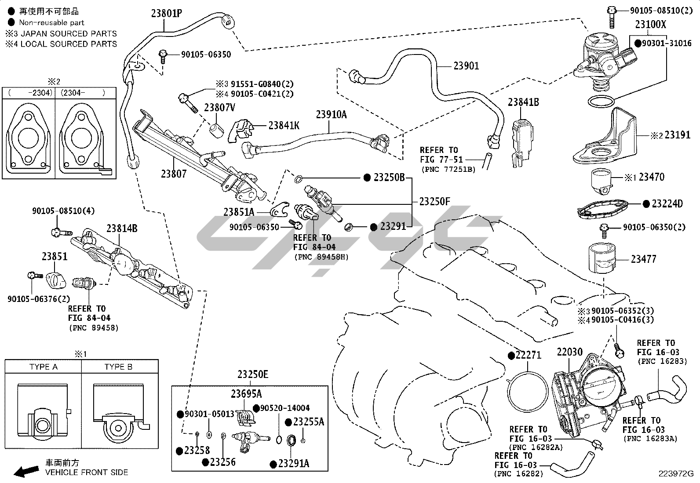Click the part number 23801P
tap(167, 14)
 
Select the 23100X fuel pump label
tap(651, 24)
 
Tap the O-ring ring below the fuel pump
tap(601, 102)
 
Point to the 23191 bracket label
tap(677, 135)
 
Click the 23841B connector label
tap(523, 102)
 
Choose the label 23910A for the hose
tap(331, 115)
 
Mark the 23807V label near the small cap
tap(220, 108)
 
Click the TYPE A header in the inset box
tap(44, 367)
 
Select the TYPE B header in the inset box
tap(118, 367)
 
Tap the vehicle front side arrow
tap(26, 471)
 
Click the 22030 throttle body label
tap(570, 352)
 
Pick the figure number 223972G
tap(676, 474)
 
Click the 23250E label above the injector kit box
tap(253, 374)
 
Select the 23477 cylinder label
tap(643, 259)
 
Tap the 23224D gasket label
tap(667, 203)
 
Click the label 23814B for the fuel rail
tap(122, 229)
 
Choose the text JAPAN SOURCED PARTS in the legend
tap(69, 33)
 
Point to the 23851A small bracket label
tap(239, 212)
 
